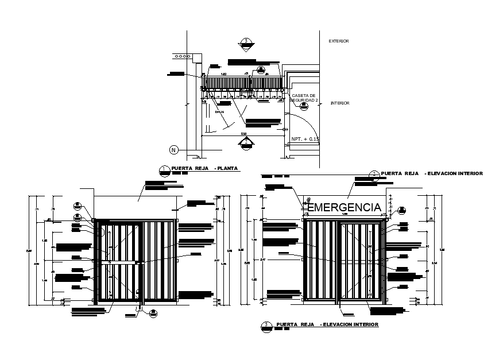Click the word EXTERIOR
[338, 41]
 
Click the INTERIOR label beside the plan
[340, 103]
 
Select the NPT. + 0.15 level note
[304, 139]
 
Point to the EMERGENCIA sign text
[345, 207]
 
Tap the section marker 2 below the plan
[246, 142]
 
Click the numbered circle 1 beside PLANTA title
[164, 169]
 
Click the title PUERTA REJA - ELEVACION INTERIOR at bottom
[327, 325]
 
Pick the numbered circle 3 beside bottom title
[266, 326]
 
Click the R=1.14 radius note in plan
[219, 112]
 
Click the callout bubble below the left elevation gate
[153, 313]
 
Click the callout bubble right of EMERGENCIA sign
[402, 210]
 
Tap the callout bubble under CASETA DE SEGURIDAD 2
[296, 106]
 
